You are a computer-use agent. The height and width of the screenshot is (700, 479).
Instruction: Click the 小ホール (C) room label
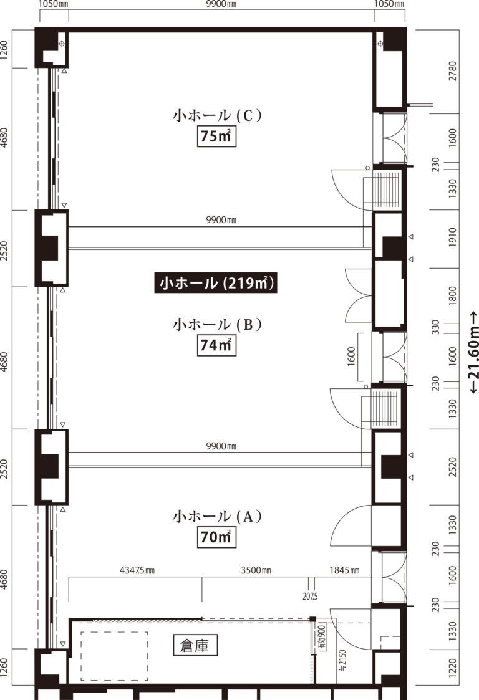pyautogui.click(x=217, y=115)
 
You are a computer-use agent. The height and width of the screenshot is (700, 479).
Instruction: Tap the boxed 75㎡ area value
pyautogui.click(x=216, y=136)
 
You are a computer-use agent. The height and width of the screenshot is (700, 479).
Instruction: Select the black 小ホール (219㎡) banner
pyautogui.click(x=216, y=282)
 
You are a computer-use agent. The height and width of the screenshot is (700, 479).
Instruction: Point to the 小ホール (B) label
pyautogui.click(x=217, y=324)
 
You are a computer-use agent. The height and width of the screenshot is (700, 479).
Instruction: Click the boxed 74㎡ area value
pyautogui.click(x=216, y=345)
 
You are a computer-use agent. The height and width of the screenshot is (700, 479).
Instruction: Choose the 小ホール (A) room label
pyautogui.click(x=217, y=516)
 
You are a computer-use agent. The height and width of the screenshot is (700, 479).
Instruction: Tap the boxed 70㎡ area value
pyautogui.click(x=216, y=537)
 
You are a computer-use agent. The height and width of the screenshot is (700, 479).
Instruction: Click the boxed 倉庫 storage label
pyautogui.click(x=195, y=646)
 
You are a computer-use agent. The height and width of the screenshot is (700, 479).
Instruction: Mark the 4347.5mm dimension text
pyautogui.click(x=137, y=570)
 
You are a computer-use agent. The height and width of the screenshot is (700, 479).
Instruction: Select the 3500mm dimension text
pyautogui.click(x=256, y=570)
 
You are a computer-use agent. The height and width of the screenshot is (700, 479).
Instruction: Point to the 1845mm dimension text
pyautogui.click(x=344, y=570)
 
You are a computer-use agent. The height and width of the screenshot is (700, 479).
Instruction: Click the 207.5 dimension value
pyautogui.click(x=309, y=596)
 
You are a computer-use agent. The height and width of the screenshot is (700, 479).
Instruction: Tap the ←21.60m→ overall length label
pyautogui.click(x=473, y=352)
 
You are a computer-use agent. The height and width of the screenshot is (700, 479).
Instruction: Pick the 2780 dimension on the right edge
pyautogui.click(x=453, y=71)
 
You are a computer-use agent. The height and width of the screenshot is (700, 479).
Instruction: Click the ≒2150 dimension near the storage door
pyautogui.click(x=342, y=660)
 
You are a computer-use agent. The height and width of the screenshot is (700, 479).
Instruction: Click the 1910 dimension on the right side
pyautogui.click(x=453, y=237)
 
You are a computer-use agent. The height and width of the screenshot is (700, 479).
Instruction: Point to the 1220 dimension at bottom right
pyautogui.click(x=453, y=668)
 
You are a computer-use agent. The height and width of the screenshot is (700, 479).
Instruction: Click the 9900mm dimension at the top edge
pyautogui.click(x=221, y=4)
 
